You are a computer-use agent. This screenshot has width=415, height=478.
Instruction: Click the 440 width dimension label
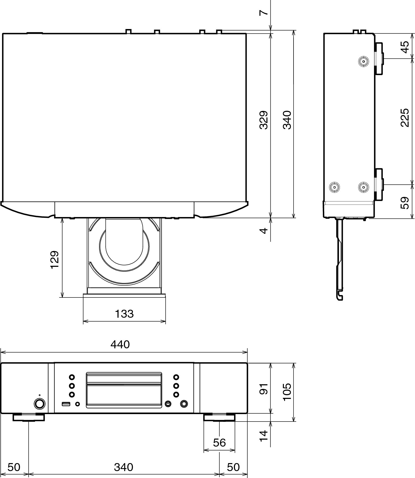[120, 345]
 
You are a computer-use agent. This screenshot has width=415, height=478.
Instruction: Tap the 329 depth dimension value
[264, 120]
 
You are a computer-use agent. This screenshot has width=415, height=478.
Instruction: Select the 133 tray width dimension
[124, 314]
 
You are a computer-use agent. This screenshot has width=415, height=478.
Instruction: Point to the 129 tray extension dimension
[54, 260]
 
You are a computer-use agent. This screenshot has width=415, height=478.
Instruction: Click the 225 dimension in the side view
[404, 117]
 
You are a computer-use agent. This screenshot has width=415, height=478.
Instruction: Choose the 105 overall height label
[287, 392]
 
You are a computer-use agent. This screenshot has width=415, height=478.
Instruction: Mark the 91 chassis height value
[264, 389]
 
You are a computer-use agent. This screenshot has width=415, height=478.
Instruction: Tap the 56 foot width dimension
[219, 443]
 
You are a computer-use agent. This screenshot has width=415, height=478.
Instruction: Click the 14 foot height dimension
[264, 436]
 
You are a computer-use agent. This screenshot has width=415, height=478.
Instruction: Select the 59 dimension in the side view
[404, 203]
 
